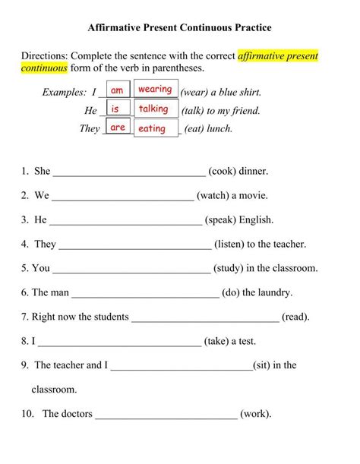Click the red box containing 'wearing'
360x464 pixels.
click(156, 90)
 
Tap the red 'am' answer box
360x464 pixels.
click(117, 90)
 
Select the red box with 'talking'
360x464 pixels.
click(153, 109)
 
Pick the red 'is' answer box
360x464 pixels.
click(116, 109)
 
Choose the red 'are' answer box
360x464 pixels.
click(118, 128)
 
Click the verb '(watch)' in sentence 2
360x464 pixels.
click(216, 195)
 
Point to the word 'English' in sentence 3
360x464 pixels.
click(254, 219)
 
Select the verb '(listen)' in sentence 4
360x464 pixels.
click(234, 244)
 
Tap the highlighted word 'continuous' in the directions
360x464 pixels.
click(44, 68)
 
